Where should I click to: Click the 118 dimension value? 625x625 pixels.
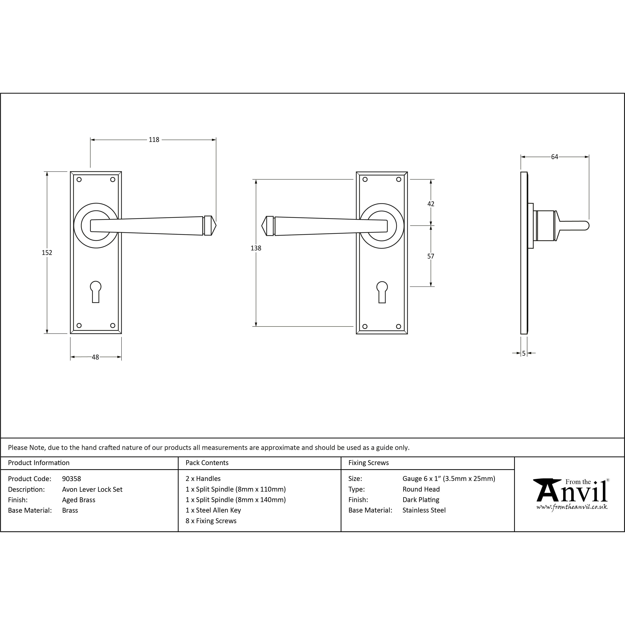(x=154, y=140)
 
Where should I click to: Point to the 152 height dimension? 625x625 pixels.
(x=47, y=253)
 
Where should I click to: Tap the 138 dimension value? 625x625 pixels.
(x=256, y=248)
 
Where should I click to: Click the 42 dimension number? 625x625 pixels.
(x=431, y=204)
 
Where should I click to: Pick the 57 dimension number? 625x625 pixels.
(x=431, y=256)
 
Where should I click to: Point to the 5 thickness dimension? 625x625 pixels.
(x=524, y=354)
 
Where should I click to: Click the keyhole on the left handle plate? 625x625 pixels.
(x=96, y=291)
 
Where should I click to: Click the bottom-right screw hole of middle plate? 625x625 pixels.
(x=399, y=326)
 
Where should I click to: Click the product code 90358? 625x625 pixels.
(x=71, y=478)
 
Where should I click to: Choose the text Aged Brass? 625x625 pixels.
(x=79, y=500)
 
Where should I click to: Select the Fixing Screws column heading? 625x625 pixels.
(x=368, y=463)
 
